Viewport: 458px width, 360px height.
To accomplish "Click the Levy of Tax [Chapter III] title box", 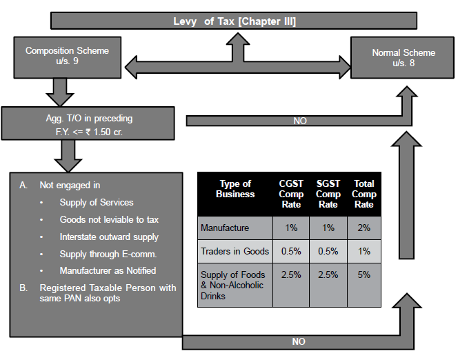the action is [x=234, y=21].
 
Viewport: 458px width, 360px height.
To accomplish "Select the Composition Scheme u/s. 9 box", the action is [x=68, y=57].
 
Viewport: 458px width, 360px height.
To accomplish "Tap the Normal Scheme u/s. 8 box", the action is [x=403, y=57].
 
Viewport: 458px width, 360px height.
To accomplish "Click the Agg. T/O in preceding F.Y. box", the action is [x=88, y=123].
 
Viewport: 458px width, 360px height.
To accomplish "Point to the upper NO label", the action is [x=300, y=121].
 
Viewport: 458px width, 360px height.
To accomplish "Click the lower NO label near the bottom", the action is [x=299, y=341].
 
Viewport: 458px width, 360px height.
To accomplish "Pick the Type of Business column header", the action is [x=235, y=189].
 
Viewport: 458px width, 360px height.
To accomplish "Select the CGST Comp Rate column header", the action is [x=291, y=194].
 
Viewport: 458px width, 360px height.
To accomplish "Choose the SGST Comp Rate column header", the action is [x=328, y=194].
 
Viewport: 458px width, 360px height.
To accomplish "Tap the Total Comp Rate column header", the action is [x=364, y=194].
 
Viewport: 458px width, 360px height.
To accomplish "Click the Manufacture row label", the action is [x=225, y=228].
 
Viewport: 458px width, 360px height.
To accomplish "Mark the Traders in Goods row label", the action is [x=235, y=251].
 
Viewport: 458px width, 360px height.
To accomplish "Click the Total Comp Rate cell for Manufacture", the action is [x=364, y=228].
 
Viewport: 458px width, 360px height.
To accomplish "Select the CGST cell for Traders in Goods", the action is [x=291, y=252].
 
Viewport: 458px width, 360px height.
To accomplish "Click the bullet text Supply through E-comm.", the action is [x=108, y=254].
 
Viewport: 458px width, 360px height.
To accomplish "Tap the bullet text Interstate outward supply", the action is [x=109, y=237].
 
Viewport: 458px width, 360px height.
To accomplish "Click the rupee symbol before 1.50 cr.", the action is [x=88, y=132].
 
